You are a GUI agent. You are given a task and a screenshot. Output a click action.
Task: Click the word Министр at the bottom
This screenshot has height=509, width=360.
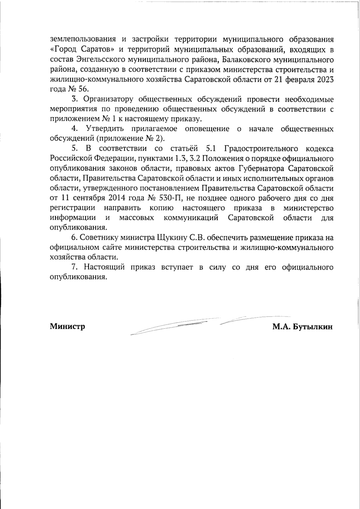(67, 326)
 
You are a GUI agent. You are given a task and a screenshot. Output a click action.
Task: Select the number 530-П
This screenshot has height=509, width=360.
(169, 198)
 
